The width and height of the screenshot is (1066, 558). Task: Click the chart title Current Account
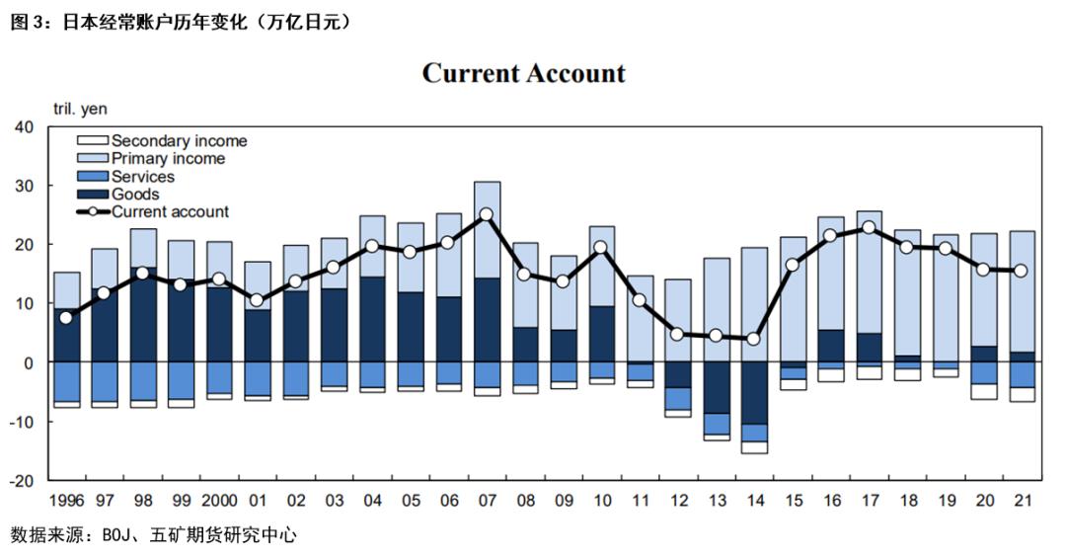click(523, 73)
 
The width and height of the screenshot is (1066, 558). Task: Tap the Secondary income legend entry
click(179, 141)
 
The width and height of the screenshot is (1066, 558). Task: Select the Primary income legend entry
click(168, 159)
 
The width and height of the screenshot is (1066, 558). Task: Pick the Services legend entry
click(142, 177)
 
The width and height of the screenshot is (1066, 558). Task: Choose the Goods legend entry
click(135, 195)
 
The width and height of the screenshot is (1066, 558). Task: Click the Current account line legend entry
click(170, 212)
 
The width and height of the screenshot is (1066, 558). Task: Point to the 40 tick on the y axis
click(24, 127)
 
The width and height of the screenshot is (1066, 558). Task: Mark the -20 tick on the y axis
click(21, 481)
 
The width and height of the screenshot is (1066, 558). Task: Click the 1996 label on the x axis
click(65, 501)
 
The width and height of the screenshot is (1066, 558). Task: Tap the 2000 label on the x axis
click(219, 501)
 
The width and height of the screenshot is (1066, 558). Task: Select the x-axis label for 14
click(754, 501)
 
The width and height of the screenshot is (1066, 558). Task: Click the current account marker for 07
click(487, 214)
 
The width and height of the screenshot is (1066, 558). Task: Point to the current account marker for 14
click(754, 339)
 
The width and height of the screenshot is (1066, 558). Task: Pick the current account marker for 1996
click(66, 317)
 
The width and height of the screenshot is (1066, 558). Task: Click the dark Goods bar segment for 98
click(143, 314)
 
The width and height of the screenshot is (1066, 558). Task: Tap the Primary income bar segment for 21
click(1023, 291)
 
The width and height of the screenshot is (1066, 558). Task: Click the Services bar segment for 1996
click(66, 381)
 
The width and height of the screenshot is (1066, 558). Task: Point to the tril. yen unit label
click(81, 110)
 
